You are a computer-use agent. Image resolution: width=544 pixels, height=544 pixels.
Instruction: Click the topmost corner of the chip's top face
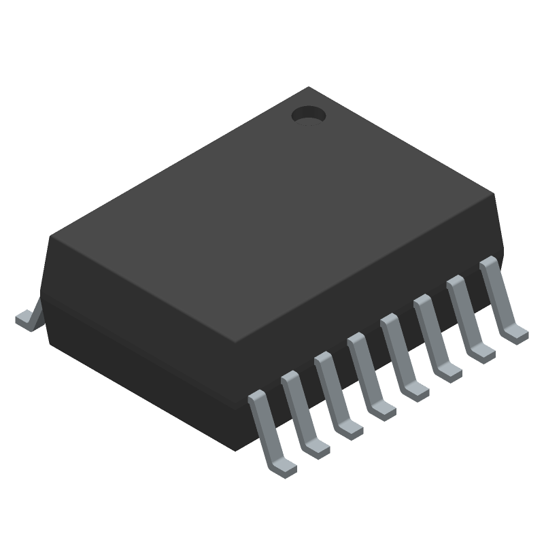click(x=309, y=88)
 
